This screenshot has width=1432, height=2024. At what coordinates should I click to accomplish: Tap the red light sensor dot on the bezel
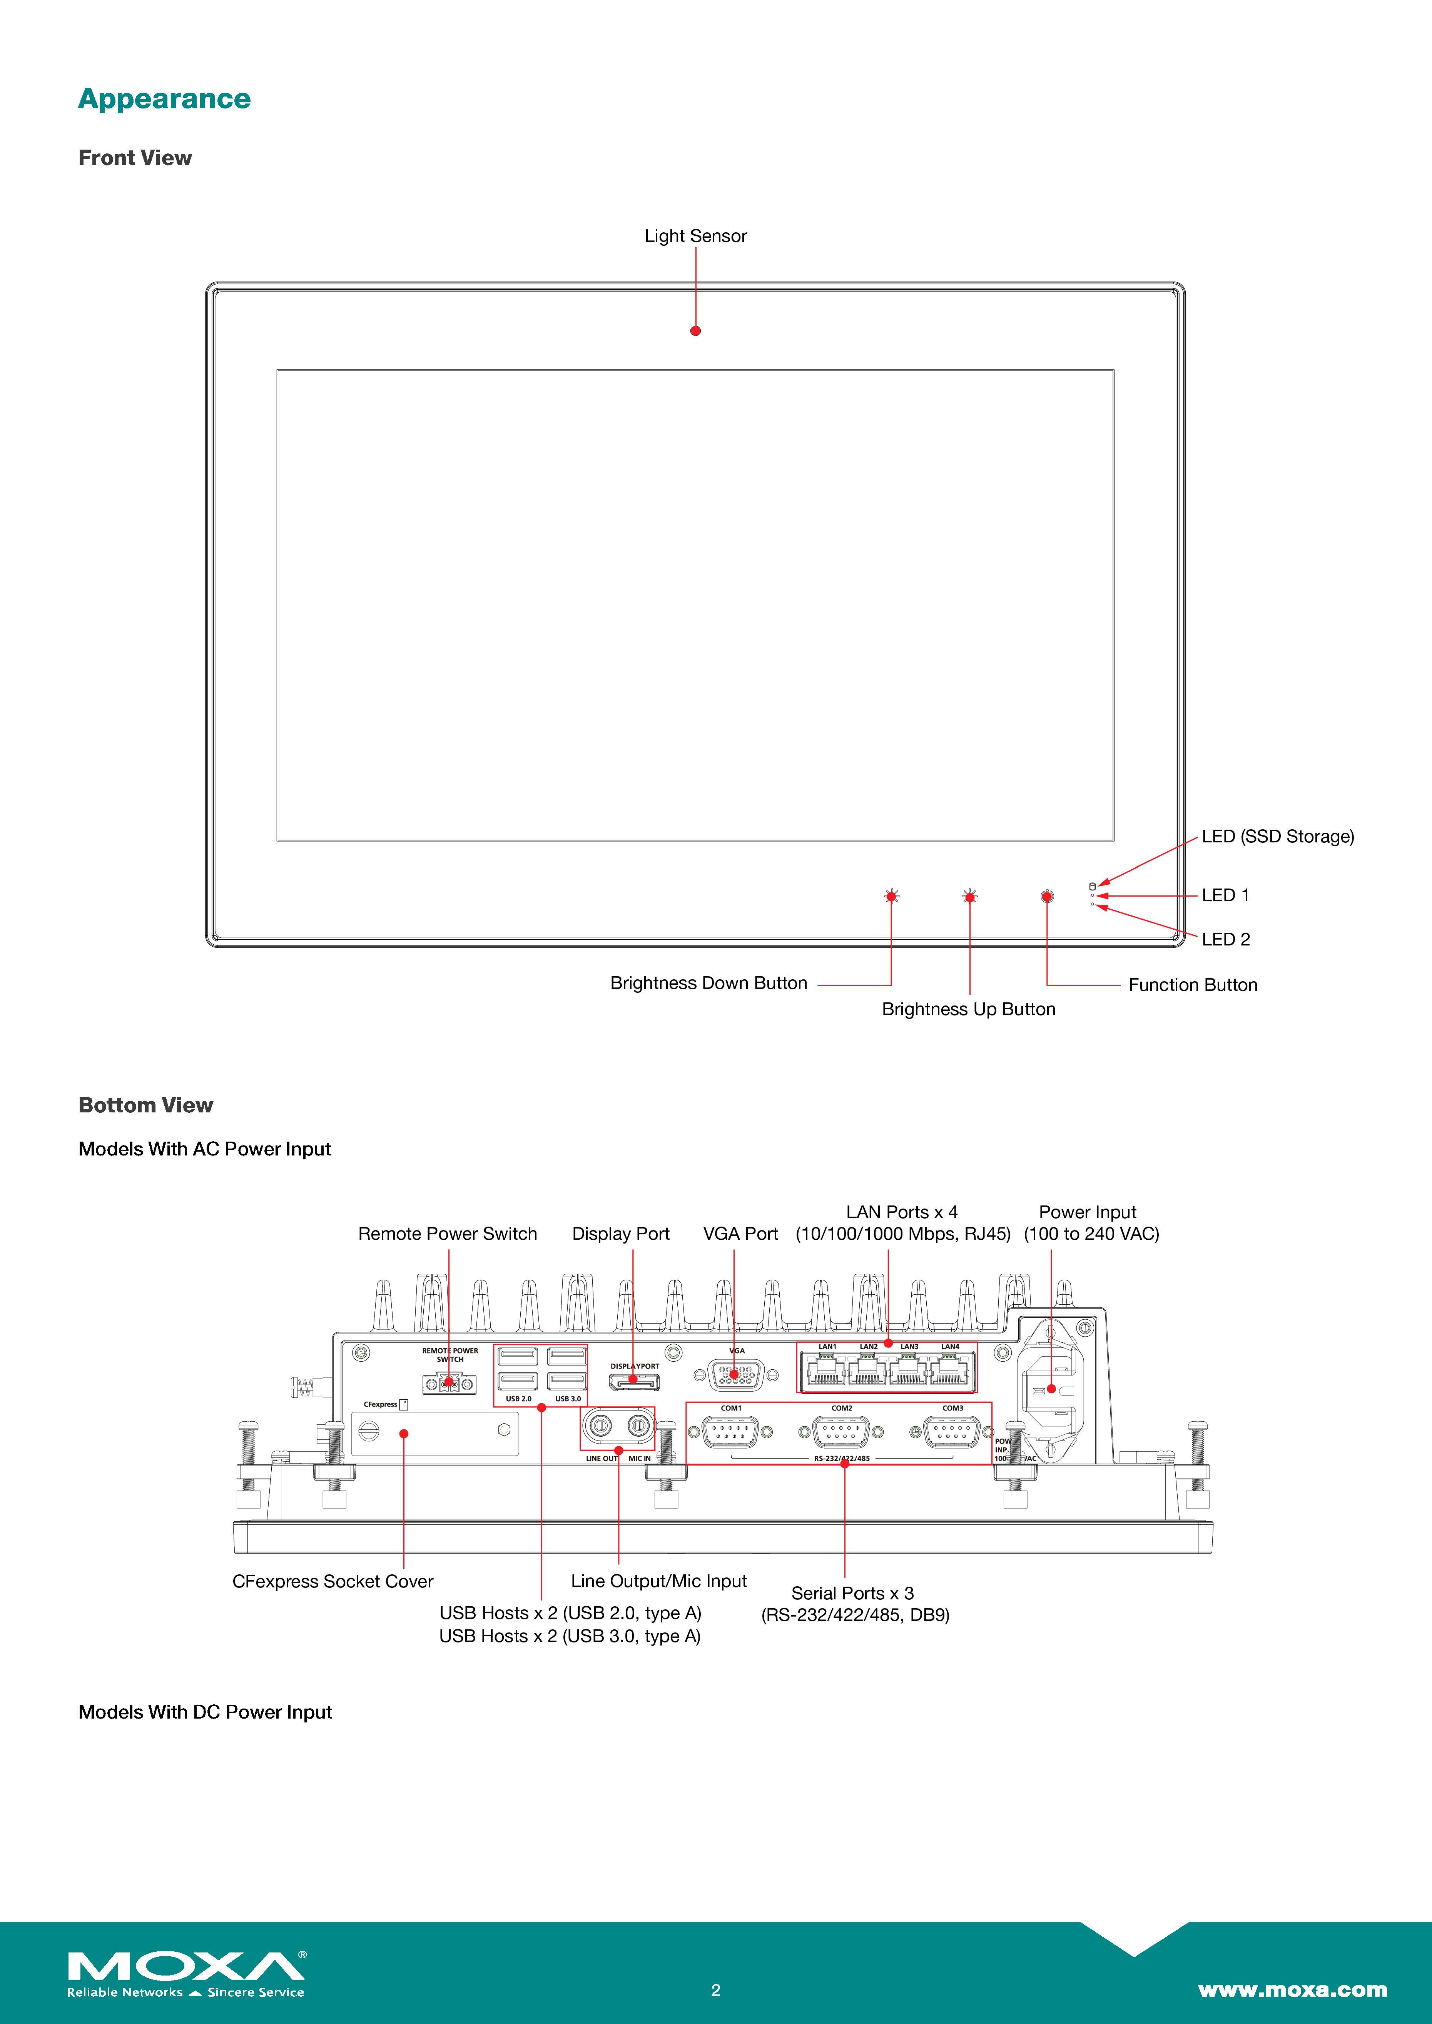696,330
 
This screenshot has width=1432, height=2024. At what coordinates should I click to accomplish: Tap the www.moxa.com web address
1292,1990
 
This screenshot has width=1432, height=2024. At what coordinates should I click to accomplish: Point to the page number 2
716,1990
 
